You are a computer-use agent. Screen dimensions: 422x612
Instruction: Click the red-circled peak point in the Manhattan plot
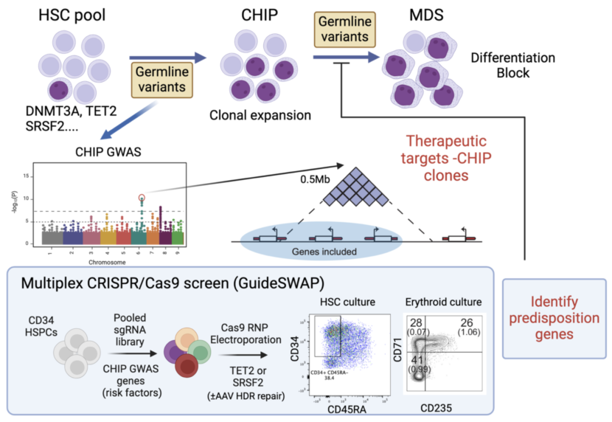[x=142, y=198]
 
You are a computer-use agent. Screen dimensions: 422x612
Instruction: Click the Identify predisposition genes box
[x=554, y=319]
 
